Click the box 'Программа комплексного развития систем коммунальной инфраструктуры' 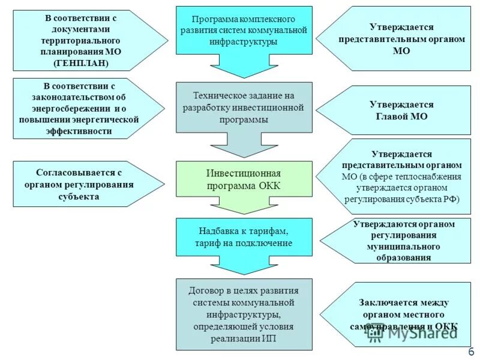(x=244, y=30)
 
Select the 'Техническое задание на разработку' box (x=244, y=107)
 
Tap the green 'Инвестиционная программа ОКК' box (x=244, y=179)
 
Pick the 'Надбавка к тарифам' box (x=244, y=236)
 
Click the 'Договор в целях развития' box (x=244, y=314)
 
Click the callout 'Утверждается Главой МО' (x=398, y=110)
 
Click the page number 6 (x=471, y=352)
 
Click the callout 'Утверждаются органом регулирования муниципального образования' (x=403, y=241)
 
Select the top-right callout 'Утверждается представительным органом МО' (x=402, y=39)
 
